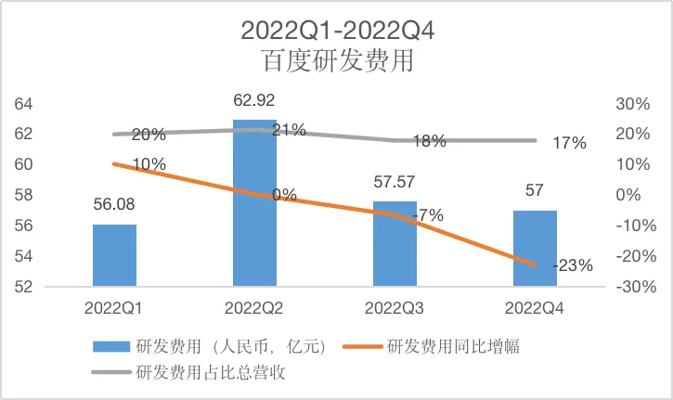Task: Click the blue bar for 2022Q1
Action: pyautogui.click(x=114, y=255)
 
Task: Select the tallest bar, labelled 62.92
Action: pyautogui.click(x=254, y=202)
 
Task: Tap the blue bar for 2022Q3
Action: pyautogui.click(x=395, y=243)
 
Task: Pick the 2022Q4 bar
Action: pyautogui.click(x=535, y=248)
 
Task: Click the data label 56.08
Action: pyautogui.click(x=114, y=204)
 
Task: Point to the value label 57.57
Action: pyautogui.click(x=394, y=182)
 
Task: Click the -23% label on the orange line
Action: pyautogui.click(x=573, y=265)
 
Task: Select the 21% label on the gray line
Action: pyautogui.click(x=289, y=130)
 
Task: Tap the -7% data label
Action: pyautogui.click(x=428, y=215)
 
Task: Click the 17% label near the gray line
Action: pyautogui.click(x=570, y=143)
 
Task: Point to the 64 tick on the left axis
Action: pyautogui.click(x=23, y=104)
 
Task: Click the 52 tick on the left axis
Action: pyautogui.click(x=23, y=287)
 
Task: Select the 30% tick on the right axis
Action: pyautogui.click(x=633, y=104)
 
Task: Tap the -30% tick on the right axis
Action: pyautogui.click(x=636, y=287)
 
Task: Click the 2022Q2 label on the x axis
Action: pyautogui.click(x=254, y=308)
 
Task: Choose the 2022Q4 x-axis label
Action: pyautogui.click(x=535, y=308)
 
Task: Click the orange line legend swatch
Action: pyautogui.click(x=363, y=346)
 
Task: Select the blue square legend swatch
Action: pyautogui.click(x=111, y=346)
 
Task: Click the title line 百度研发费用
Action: pyautogui.click(x=338, y=60)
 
